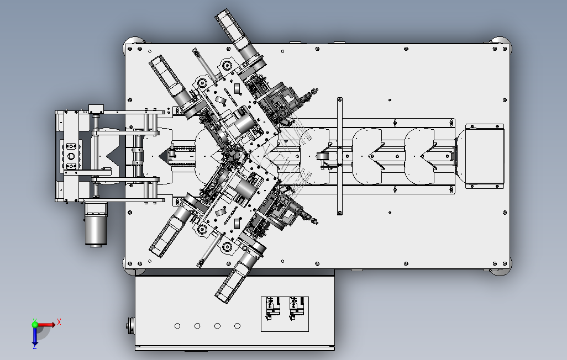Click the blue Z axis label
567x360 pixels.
coord(34,346)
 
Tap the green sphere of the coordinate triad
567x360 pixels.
coord(35,324)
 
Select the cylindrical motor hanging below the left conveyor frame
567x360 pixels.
coord(96,223)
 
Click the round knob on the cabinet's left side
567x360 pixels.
coord(130,325)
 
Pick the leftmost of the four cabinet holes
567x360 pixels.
coord(177,326)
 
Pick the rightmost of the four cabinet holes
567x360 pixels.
coord(237,326)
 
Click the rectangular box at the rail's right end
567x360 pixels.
coord(485,155)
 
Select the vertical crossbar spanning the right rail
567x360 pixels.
coord(339,156)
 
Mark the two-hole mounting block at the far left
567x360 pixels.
coord(71,155)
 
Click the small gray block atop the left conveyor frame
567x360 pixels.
coord(96,107)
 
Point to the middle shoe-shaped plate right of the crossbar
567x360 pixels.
coord(367,156)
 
